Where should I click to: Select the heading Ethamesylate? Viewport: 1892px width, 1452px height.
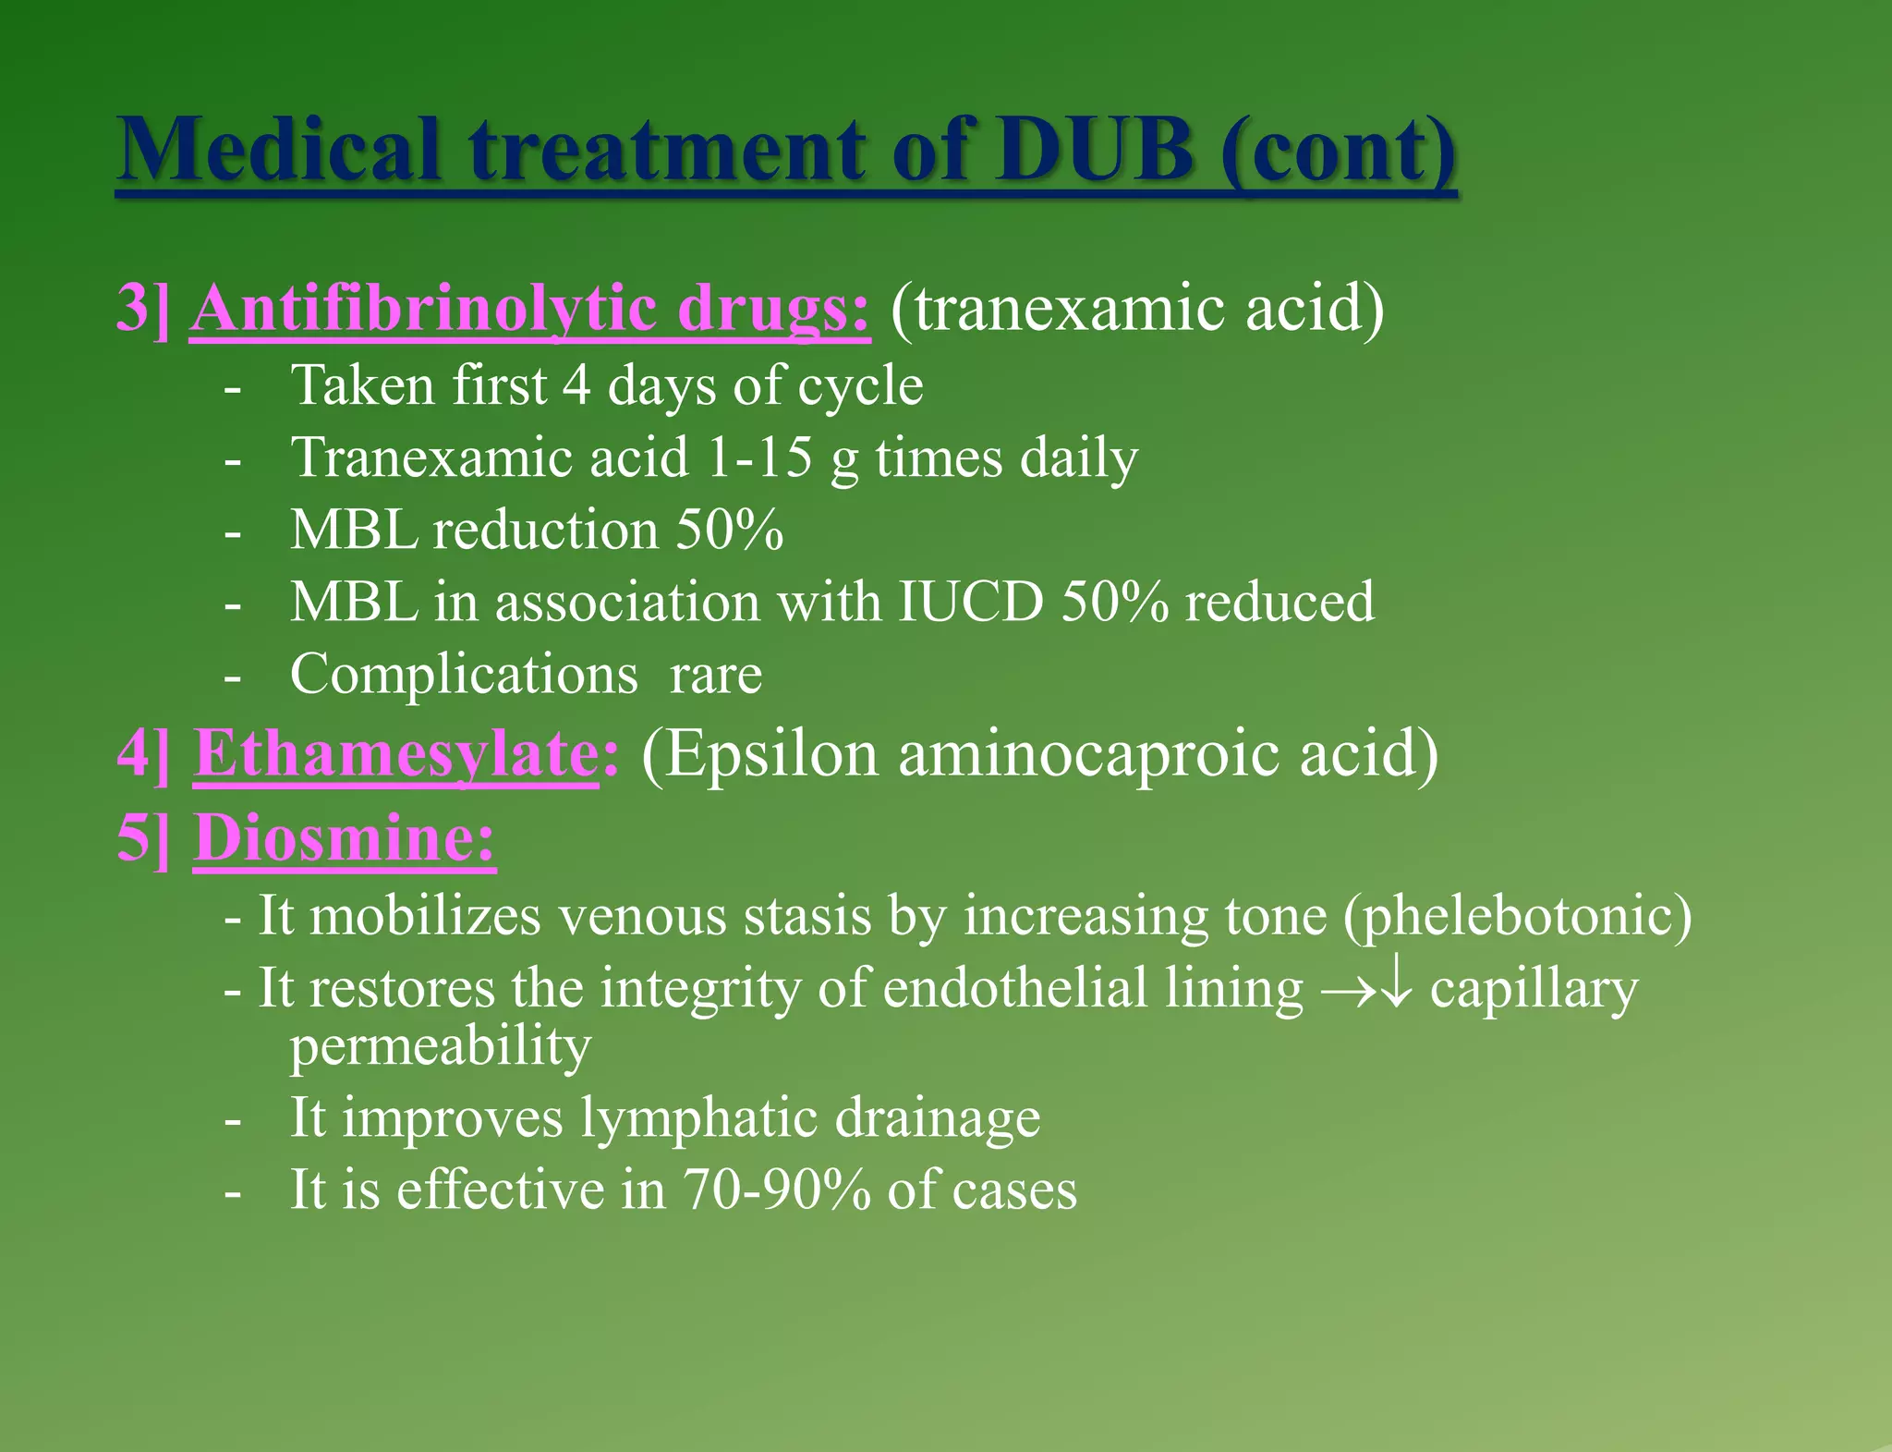tap(395, 754)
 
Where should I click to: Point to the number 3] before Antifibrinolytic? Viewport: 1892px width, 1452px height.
tap(143, 308)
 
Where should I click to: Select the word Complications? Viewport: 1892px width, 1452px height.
tap(464, 674)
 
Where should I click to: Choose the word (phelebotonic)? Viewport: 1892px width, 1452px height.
tap(1518, 916)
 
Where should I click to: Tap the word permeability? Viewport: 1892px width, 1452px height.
tap(441, 1047)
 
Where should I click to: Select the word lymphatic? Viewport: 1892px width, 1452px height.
tap(698, 1117)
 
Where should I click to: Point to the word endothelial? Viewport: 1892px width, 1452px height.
tap(1013, 988)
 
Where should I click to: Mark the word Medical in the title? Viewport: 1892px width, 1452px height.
tap(280, 150)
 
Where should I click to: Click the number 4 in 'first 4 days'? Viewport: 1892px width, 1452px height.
tap(576, 385)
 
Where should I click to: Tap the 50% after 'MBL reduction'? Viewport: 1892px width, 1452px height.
tap(730, 530)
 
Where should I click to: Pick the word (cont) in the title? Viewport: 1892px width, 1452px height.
tap(1338, 150)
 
